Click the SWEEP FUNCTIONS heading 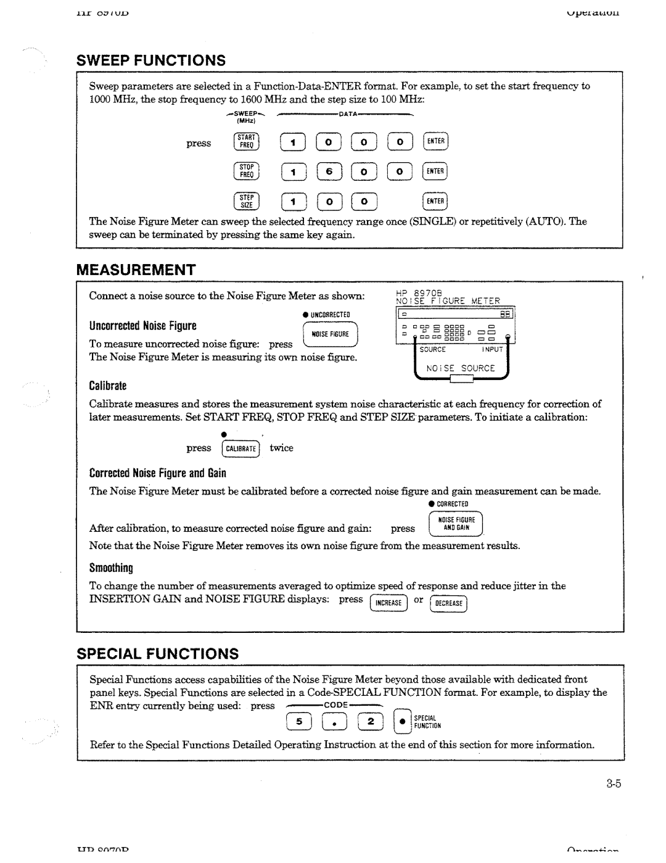tap(151, 60)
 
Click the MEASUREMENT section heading tap(136, 270)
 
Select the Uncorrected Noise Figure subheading tap(142, 326)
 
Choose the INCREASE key tap(388, 603)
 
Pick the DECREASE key tap(448, 603)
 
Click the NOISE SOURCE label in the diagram tap(469, 368)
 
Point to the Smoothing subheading tap(111, 567)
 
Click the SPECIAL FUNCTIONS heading tap(157, 653)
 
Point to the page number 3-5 tap(612, 784)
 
